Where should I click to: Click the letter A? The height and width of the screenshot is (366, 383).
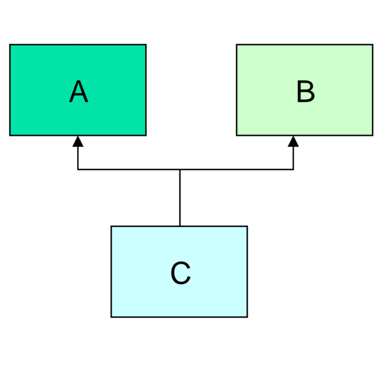(x=79, y=91)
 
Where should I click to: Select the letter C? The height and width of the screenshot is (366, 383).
(x=181, y=273)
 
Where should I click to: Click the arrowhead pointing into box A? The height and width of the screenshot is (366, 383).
(x=78, y=141)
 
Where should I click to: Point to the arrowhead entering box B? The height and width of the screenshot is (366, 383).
(x=293, y=141)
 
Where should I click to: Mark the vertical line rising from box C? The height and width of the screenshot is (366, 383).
(x=180, y=198)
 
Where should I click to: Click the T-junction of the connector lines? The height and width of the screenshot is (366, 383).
(x=180, y=169)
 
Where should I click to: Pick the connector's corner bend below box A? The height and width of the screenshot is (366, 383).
(x=78, y=169)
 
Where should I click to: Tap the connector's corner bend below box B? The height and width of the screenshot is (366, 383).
(x=293, y=169)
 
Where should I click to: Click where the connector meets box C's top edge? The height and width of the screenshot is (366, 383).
(x=180, y=226)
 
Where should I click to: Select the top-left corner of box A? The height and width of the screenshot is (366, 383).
(x=10, y=45)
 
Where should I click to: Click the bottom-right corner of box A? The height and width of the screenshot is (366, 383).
(x=146, y=135)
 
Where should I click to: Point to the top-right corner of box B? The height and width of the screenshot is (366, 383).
(x=373, y=45)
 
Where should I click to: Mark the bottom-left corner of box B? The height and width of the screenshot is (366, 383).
(x=236, y=135)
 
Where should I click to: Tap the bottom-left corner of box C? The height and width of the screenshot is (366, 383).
(x=111, y=317)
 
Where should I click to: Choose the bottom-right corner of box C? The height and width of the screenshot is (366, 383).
(x=248, y=317)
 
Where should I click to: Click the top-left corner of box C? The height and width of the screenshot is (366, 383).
(x=111, y=226)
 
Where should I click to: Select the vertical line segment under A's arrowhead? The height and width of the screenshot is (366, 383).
(x=78, y=158)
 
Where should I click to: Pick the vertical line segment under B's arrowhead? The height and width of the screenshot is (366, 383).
(x=293, y=158)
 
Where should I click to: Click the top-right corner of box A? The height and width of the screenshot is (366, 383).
(x=146, y=45)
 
